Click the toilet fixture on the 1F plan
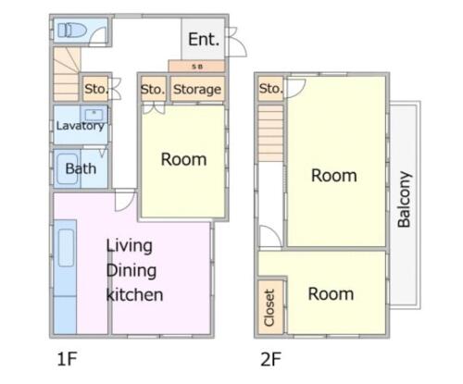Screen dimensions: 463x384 click(x=72, y=31)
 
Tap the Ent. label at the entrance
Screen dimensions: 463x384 click(x=204, y=40)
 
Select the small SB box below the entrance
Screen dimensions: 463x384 click(x=196, y=67)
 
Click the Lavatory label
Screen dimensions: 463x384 click(x=81, y=126)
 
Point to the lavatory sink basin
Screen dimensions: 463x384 click(x=94, y=115)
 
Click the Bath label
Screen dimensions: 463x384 click(x=81, y=168)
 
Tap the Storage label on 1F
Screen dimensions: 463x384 click(x=197, y=90)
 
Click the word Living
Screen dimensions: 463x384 click(x=130, y=246)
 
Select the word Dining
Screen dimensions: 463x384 click(x=131, y=270)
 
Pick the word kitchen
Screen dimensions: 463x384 click(x=134, y=294)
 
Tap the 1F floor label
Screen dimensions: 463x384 click(x=67, y=359)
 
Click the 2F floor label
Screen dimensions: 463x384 click(x=270, y=359)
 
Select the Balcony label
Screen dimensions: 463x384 click(x=404, y=200)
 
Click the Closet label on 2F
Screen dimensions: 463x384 click(x=269, y=307)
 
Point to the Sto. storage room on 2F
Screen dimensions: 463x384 click(x=270, y=89)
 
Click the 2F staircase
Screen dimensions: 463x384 click(x=270, y=133)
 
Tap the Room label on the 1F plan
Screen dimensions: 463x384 click(x=183, y=159)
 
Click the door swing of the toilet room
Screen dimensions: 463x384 click(x=98, y=35)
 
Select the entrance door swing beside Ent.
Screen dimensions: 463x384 click(x=237, y=42)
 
